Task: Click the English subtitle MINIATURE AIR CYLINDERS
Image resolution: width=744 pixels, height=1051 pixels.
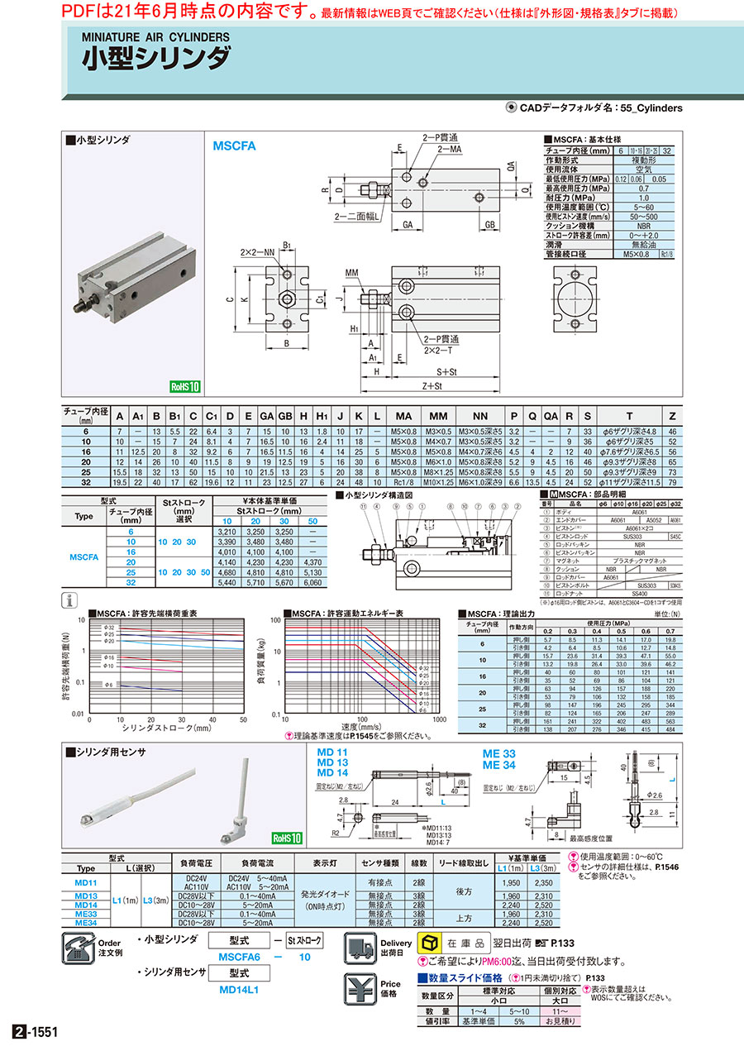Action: pyautogui.click(x=155, y=37)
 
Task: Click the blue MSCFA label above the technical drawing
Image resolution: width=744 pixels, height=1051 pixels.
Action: pyautogui.click(x=235, y=146)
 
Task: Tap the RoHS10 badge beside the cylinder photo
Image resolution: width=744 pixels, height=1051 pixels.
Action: pyautogui.click(x=185, y=385)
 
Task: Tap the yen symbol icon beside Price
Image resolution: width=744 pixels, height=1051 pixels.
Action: pyautogui.click(x=359, y=989)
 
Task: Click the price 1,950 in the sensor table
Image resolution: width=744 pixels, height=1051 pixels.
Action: pyautogui.click(x=511, y=882)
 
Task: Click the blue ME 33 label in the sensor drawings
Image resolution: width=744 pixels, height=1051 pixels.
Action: pyautogui.click(x=499, y=754)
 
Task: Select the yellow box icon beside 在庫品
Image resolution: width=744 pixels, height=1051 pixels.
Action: pyautogui.click(x=430, y=943)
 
